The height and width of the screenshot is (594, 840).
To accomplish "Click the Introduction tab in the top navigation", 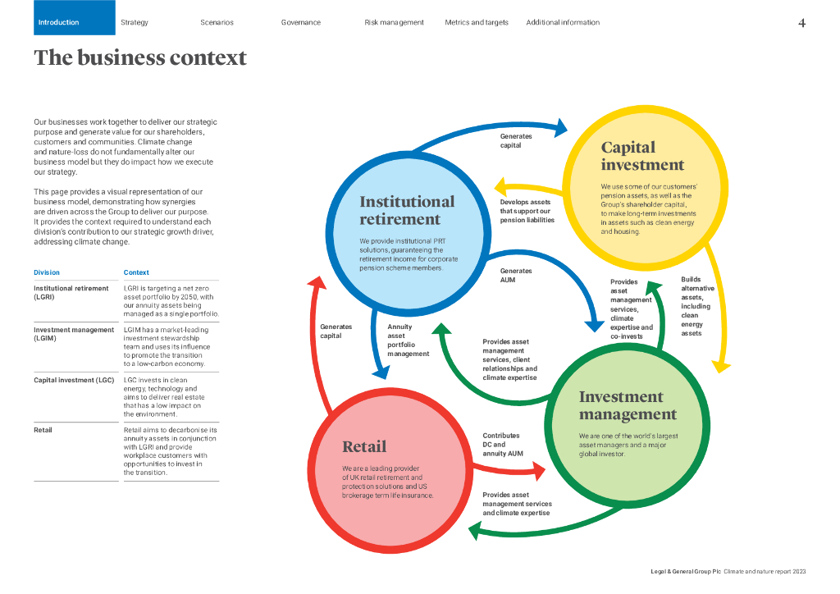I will pos(59,22).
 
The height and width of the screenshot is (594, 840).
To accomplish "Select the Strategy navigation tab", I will pos(134,22).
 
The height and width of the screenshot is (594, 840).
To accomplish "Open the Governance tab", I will pos(300,22).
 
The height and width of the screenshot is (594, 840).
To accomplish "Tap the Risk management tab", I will pos(394,22).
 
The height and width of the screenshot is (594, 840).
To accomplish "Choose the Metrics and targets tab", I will pos(477,22).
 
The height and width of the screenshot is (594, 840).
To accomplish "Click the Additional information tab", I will pos(563,22).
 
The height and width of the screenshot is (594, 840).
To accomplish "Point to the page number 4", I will pos(801,23).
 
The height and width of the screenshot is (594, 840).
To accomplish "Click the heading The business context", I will pos(140,58).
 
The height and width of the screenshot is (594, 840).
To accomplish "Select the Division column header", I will pos(47,272).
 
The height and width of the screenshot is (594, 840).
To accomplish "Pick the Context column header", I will pos(136,272).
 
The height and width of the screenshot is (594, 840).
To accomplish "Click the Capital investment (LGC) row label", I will pos(74,381).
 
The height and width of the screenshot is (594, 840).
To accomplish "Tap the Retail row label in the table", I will pos(43,430).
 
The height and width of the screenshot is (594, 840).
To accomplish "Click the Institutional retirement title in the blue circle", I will pos(407,210).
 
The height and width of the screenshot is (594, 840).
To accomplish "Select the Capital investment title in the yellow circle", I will pos(641,156).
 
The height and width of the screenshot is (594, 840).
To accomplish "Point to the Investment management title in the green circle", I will pos(628,405).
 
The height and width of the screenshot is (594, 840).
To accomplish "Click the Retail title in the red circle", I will pos(364,447).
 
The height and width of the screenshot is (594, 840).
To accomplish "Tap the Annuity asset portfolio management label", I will pos(408,340).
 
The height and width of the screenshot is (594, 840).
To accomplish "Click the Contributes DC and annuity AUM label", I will pos(502,445).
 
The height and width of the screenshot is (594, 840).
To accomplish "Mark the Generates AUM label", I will pos(516,276).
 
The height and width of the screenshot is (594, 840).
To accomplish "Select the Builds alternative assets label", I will pos(696,306).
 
